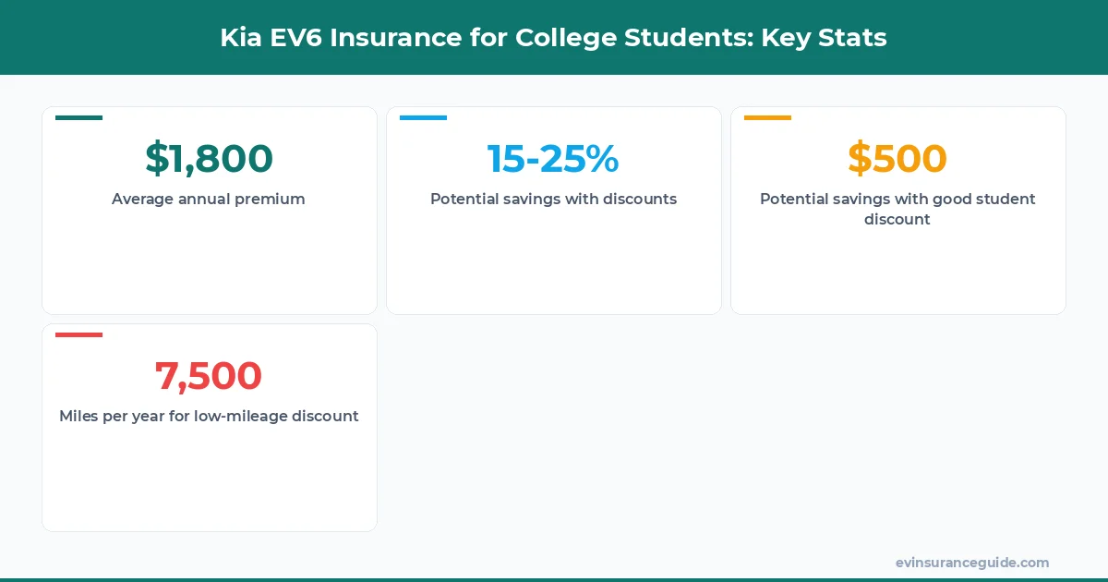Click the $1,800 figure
point(209,159)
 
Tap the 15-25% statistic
point(553,159)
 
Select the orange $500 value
point(897,159)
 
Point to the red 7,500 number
point(209,376)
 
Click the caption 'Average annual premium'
point(209,199)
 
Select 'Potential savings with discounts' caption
point(553,199)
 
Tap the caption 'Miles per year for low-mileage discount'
point(209,416)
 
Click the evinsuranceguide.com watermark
point(971,563)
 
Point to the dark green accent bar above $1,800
point(78,118)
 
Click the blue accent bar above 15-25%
point(423,118)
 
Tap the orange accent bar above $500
point(767,118)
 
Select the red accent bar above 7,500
point(78,335)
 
